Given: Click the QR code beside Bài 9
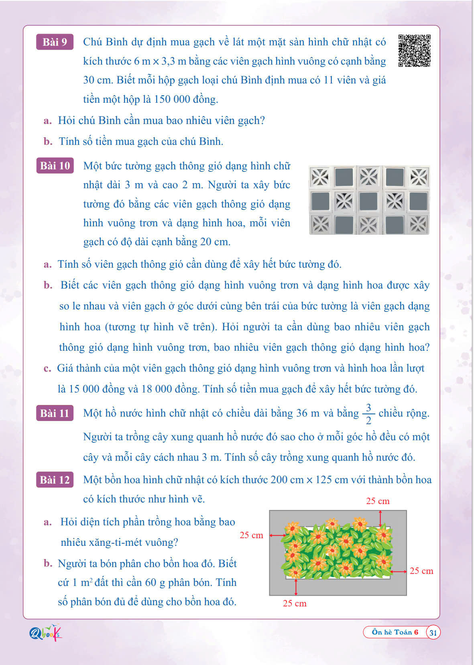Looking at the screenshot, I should click(414, 51).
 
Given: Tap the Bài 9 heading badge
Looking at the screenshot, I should click(55, 42).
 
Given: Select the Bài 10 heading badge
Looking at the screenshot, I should click(55, 166).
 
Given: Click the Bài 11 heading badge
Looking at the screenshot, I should click(55, 413).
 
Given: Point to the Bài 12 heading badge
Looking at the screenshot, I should click(55, 480).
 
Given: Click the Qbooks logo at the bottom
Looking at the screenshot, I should click(45, 633).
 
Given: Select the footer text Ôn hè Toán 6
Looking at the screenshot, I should click(395, 632).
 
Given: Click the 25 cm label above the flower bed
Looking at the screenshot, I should click(378, 501).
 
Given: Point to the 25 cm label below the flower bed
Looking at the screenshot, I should click(295, 603).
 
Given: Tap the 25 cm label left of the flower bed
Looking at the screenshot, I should click(251, 535).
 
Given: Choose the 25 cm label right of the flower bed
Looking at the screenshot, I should click(421, 571).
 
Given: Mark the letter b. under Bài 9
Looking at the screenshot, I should click(48, 142).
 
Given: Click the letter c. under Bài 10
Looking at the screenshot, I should click(48, 368).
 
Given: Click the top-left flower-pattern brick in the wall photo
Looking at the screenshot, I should click(320, 177).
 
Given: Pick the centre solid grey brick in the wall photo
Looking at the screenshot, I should click(369, 201).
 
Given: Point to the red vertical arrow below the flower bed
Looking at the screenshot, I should click(296, 588).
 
